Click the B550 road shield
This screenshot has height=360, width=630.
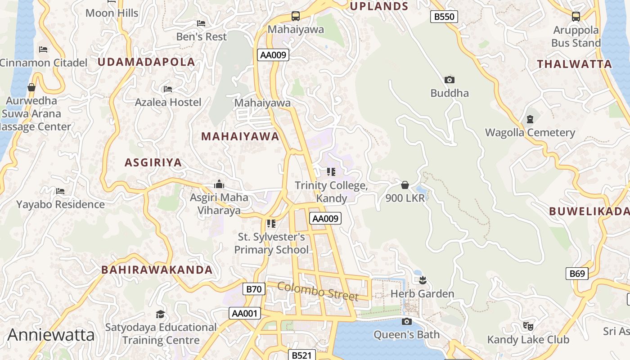coord(444,17)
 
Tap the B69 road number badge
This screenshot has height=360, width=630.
coord(577,273)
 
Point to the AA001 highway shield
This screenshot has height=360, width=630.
coord(245,313)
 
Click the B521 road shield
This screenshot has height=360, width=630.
coord(301,355)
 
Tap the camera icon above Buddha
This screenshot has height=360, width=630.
coord(449,80)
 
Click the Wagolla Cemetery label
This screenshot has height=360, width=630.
coord(530,133)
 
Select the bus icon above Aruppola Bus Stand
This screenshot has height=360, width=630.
coord(576,17)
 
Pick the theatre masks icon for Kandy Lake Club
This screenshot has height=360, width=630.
coord(528,325)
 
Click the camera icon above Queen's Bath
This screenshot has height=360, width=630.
coord(406,321)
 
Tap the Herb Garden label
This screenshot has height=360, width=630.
coord(422,294)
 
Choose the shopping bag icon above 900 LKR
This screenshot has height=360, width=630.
coord(405,185)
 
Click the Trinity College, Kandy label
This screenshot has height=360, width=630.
coord(331,192)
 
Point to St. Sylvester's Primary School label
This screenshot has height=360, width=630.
coord(271,243)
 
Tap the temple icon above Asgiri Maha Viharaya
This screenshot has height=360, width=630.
coord(219,184)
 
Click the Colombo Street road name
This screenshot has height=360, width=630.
coord(318,292)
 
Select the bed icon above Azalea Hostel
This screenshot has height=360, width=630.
coord(168,89)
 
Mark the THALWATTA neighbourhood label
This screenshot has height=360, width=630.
coord(574,64)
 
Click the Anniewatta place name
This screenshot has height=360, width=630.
coord(51,335)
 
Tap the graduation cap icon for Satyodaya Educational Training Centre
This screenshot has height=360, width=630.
coord(161,314)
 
